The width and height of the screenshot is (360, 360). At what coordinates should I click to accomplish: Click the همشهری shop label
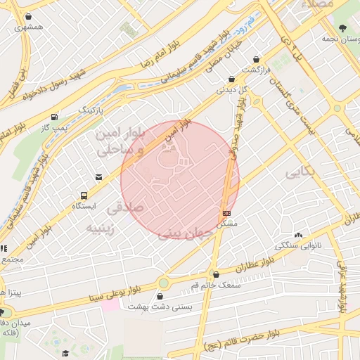pyautogui.click(x=28, y=27)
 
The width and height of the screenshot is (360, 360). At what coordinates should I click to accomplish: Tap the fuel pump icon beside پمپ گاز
pyautogui.click(x=54, y=117)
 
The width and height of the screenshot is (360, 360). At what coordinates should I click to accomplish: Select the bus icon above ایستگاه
pyautogui.click(x=84, y=196)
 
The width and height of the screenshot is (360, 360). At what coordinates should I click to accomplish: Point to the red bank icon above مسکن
pyautogui.click(x=226, y=212)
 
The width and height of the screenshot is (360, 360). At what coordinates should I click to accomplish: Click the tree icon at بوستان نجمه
pyautogui.click(x=342, y=28)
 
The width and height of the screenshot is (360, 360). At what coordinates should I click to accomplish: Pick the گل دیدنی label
pyautogui.click(x=233, y=90)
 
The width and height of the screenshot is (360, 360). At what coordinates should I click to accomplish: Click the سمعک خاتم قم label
pyautogui.click(x=216, y=285)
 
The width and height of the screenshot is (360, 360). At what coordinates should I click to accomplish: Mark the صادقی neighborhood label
pyautogui.click(x=124, y=207)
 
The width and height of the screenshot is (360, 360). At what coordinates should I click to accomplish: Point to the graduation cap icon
pyautogui.click(x=65, y=352)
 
